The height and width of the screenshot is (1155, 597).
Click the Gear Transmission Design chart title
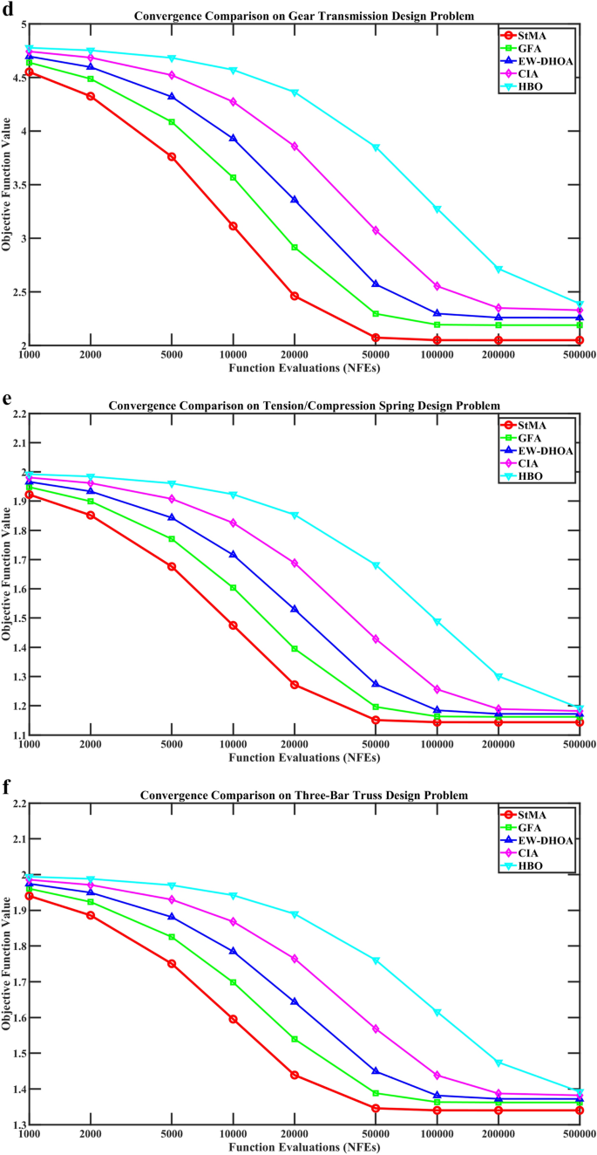[x=305, y=16]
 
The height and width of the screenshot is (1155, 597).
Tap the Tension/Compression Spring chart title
[x=305, y=406]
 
